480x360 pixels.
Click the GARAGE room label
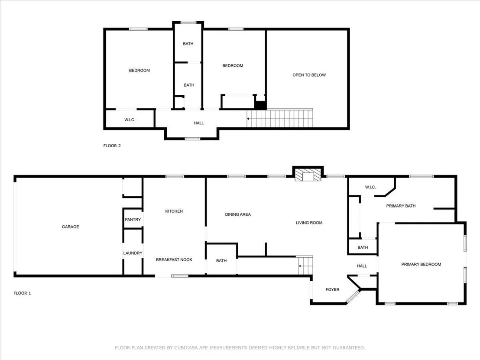click(x=71, y=227)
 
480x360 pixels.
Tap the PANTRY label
click(x=133, y=220)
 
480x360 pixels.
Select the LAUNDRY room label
click(x=133, y=253)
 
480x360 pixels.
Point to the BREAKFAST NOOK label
click(x=174, y=259)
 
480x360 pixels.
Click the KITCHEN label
click(x=174, y=211)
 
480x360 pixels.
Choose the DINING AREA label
click(x=238, y=214)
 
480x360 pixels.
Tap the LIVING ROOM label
click(x=309, y=223)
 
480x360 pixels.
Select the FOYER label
click(x=332, y=289)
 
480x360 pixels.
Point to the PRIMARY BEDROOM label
click(x=421, y=265)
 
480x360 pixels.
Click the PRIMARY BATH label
click(x=401, y=206)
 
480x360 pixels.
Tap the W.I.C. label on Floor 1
click(x=370, y=187)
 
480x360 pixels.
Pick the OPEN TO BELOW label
click(x=309, y=75)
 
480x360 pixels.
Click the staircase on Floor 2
click(x=280, y=118)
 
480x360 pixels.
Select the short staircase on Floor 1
click(x=306, y=265)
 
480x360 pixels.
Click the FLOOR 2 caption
click(x=112, y=146)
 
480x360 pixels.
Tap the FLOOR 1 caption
click(x=23, y=293)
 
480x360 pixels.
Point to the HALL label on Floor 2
click(x=199, y=123)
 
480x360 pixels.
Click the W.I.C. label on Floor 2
click(x=130, y=120)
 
